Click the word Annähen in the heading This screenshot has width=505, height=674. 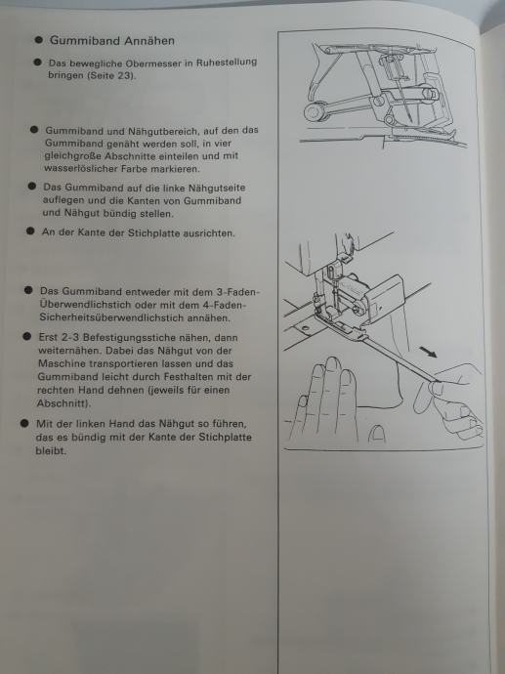tap(149, 41)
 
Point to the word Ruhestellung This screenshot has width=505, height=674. tap(227, 62)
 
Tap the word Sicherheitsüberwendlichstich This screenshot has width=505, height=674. tap(111, 318)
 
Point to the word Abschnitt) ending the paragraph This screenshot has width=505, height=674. tap(63, 403)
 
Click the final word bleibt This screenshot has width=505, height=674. tap(51, 451)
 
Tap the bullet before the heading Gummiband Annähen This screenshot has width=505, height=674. tap(39, 40)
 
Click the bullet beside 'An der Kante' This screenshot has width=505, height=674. tap(30, 231)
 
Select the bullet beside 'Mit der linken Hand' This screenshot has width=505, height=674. tap(24, 423)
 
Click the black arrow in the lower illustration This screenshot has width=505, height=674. tap(428, 353)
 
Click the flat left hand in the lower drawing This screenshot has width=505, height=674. tap(326, 400)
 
